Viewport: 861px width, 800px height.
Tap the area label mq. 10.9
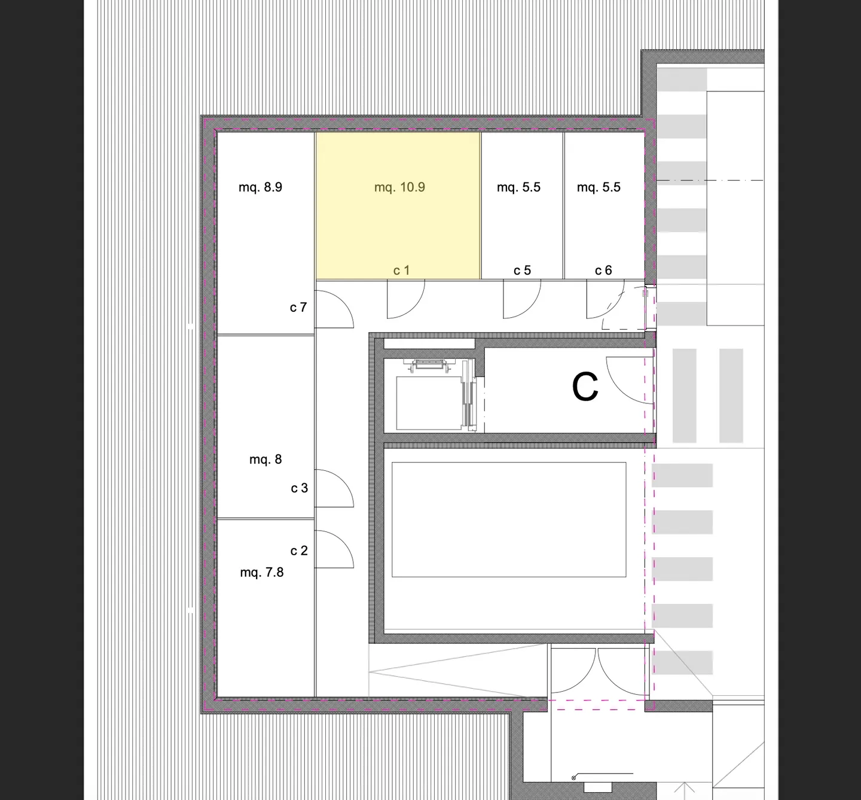399,187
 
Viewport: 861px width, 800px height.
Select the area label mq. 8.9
260,187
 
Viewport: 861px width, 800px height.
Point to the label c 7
298,308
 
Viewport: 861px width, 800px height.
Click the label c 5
522,270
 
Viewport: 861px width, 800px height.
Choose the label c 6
603,270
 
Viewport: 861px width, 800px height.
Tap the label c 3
300,488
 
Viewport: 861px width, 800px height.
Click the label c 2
299,550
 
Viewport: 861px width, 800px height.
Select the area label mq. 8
265,460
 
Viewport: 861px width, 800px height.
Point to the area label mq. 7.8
262,573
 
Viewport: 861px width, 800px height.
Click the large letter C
585,387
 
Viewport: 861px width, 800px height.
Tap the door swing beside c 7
333,308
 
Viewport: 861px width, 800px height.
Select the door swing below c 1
405,299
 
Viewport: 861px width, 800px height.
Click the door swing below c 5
521,299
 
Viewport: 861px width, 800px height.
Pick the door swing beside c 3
334,489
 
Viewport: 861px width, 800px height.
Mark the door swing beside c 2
334,549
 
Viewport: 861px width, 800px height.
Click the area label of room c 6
599,187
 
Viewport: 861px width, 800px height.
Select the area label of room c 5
518,187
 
